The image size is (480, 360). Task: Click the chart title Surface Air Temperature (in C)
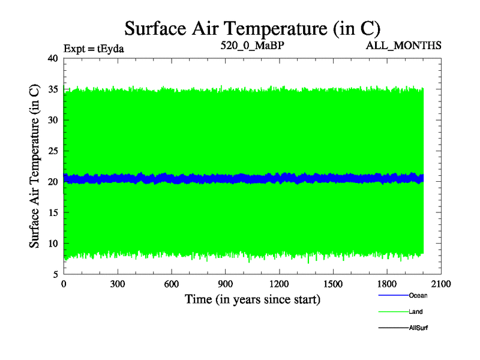252,28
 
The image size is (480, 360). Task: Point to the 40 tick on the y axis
52,58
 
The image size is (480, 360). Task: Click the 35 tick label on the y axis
52,89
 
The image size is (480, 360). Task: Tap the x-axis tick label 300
118,285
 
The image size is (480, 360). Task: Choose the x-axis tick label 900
226,285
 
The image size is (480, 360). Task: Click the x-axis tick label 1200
280,285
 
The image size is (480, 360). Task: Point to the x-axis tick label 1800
388,285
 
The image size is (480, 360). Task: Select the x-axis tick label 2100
442,285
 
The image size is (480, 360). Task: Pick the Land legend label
415,311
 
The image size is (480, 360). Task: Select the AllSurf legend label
418,328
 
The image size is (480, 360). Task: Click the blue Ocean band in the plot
240,178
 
